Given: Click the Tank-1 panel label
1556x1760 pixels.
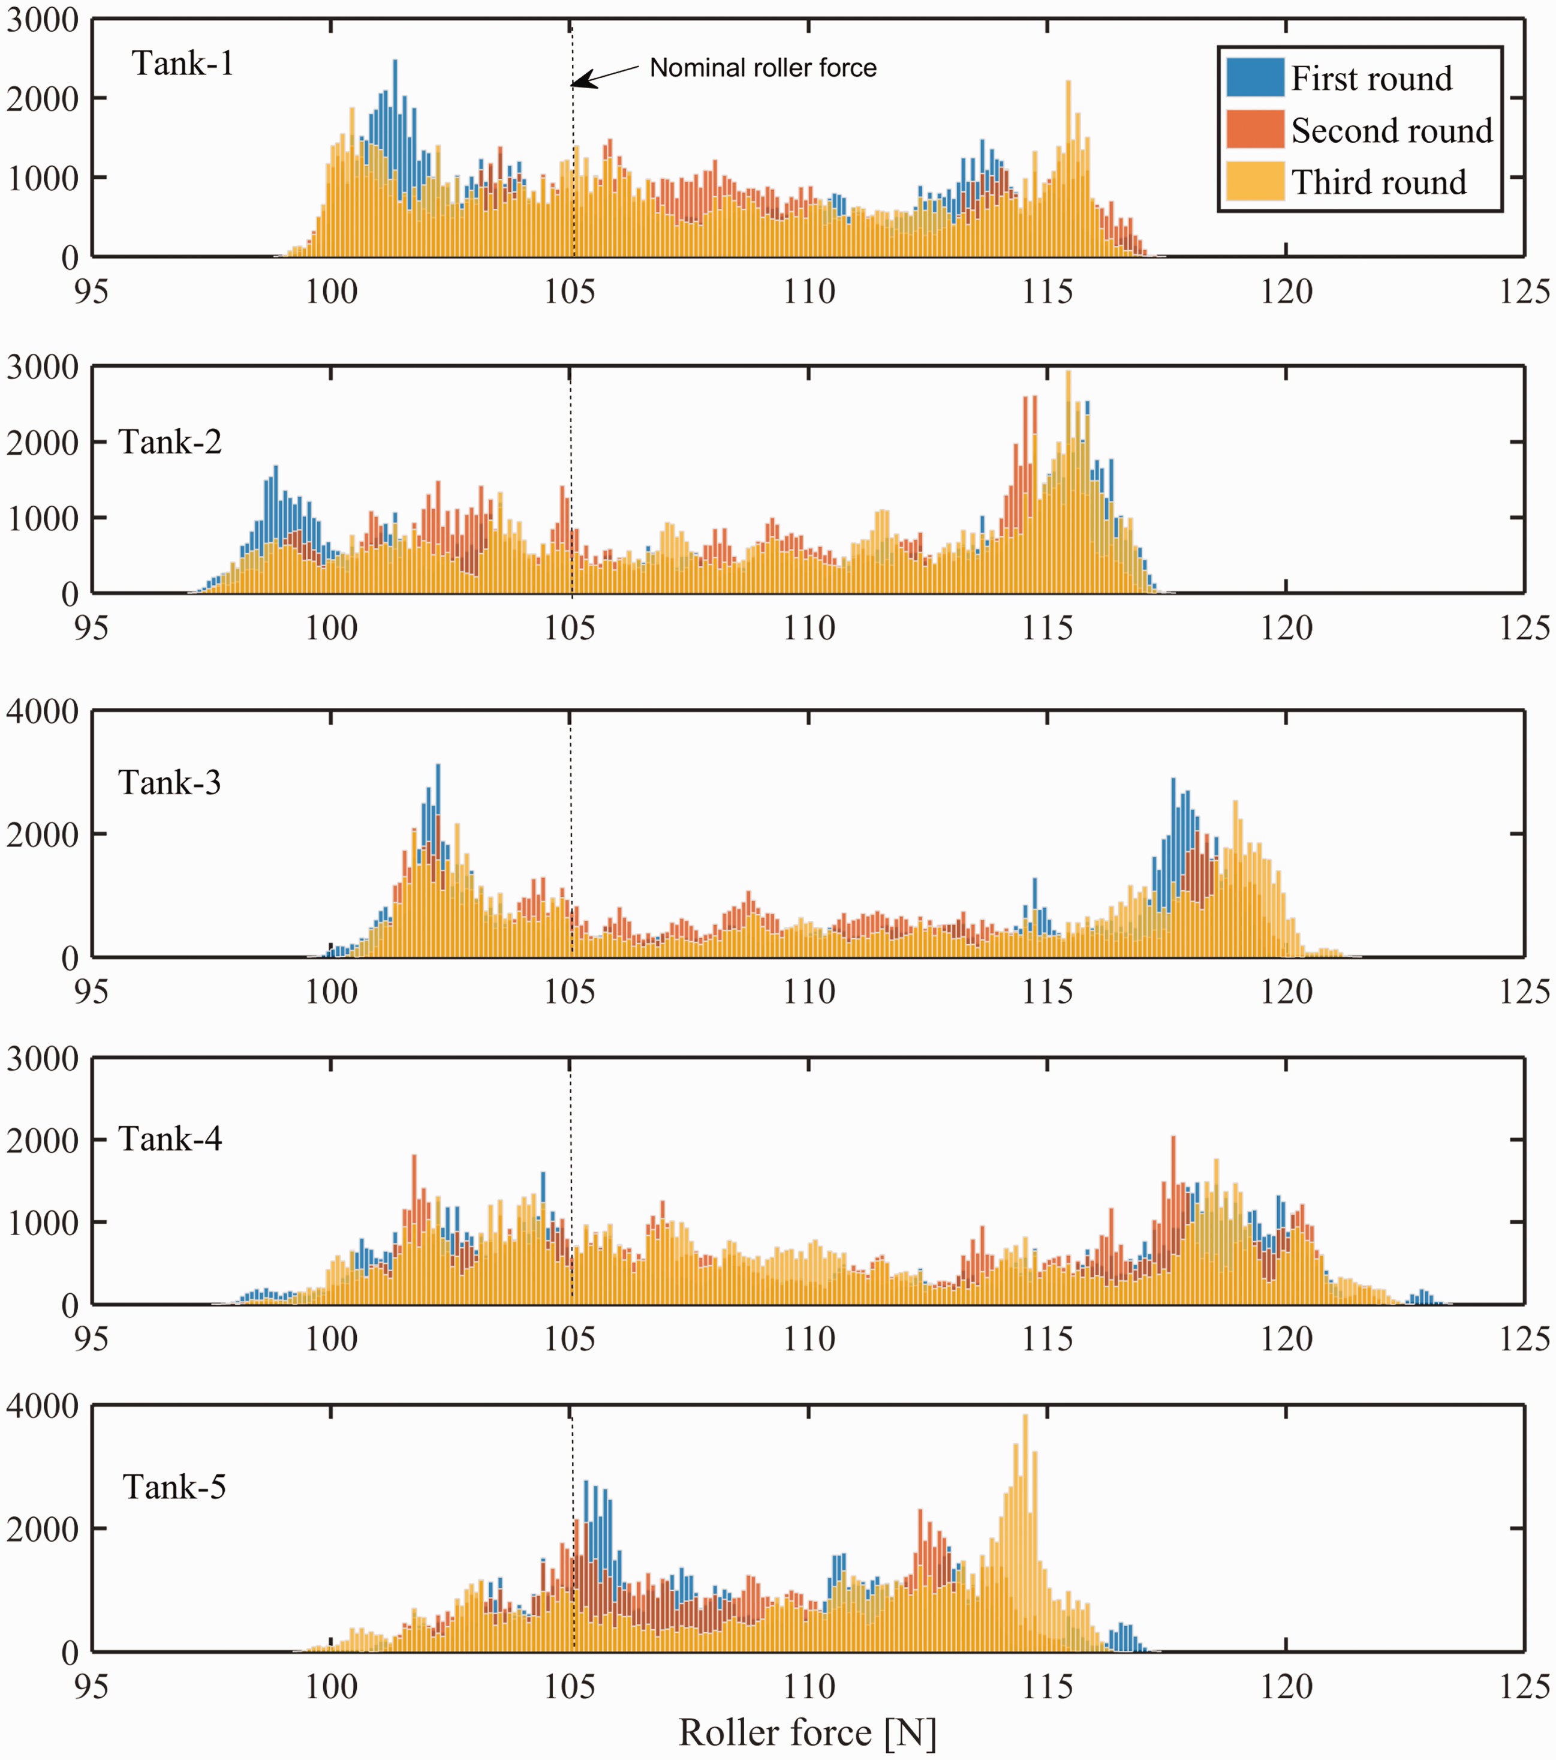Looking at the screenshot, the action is pos(182,64).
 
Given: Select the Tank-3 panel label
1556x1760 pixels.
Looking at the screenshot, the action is pos(170,783).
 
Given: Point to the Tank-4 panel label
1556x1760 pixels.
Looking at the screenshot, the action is pos(170,1139).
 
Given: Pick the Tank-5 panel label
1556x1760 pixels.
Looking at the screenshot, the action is pos(174,1487).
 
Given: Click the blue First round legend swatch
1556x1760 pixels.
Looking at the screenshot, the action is pos(1255,77).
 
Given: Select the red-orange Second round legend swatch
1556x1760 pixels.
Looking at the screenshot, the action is pos(1255,129).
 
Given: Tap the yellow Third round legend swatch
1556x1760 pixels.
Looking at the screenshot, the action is pos(1255,181).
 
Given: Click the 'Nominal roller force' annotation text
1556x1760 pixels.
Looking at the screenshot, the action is pos(763,68).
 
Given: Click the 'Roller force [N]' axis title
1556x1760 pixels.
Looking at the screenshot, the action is pos(807,1732).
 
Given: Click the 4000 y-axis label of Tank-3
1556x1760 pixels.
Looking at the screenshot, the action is pos(42,712).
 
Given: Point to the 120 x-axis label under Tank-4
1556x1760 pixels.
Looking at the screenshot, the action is pos(1286,1338).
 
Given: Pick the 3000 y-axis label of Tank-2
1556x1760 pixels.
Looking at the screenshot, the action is pos(42,367).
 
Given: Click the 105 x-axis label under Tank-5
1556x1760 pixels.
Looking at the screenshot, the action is pos(570,1686).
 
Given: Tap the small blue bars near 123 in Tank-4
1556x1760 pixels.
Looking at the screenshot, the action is pos(1424,1297).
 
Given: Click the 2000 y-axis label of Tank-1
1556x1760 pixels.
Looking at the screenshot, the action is pos(42,99).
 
